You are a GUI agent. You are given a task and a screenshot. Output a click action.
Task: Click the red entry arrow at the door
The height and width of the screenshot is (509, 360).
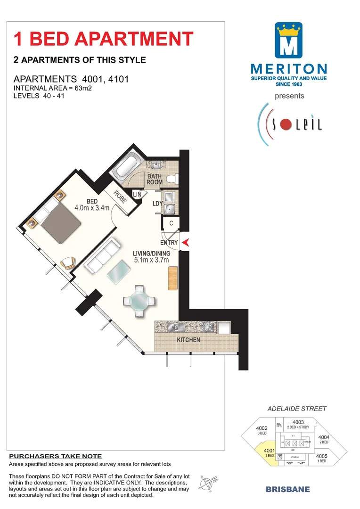185,243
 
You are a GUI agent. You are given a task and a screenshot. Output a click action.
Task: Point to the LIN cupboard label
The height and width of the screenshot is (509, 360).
137,194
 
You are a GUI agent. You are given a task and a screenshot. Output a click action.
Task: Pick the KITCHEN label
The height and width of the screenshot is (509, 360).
188,340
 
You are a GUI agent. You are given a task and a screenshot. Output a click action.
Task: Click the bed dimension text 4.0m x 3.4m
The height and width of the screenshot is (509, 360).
92,207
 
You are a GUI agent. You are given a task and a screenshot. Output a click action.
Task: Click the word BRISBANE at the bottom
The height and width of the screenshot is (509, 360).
287,489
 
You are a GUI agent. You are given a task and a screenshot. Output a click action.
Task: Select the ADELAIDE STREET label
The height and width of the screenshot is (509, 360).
297,409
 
